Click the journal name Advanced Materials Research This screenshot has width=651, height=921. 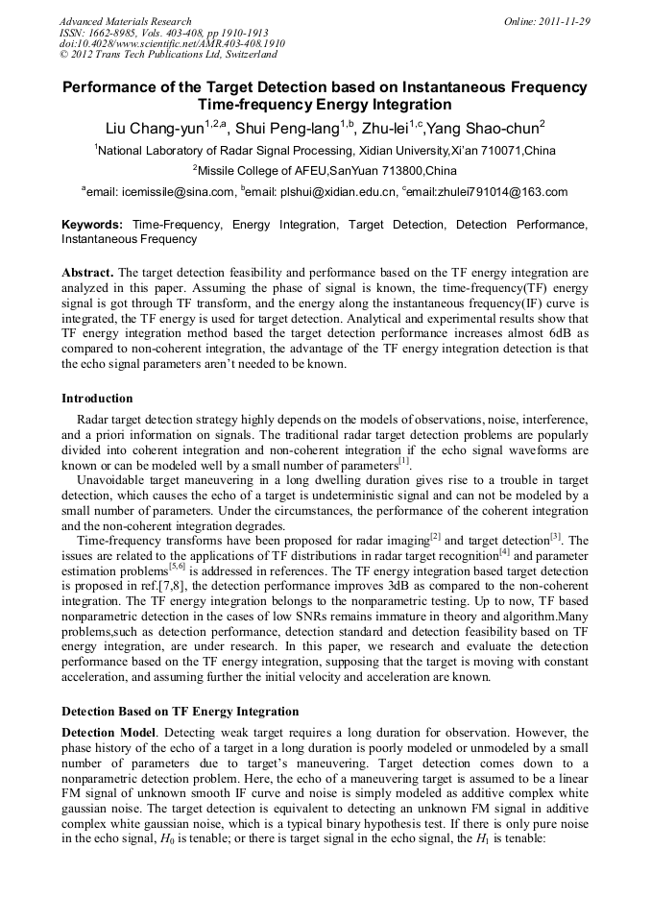(x=125, y=21)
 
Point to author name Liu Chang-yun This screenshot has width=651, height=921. (x=154, y=129)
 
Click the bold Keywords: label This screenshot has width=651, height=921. (x=92, y=225)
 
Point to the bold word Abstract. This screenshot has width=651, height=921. (x=88, y=273)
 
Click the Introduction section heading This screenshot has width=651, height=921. (x=97, y=398)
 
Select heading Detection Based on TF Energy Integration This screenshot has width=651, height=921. (x=181, y=712)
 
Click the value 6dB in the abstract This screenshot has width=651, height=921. (x=563, y=333)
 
